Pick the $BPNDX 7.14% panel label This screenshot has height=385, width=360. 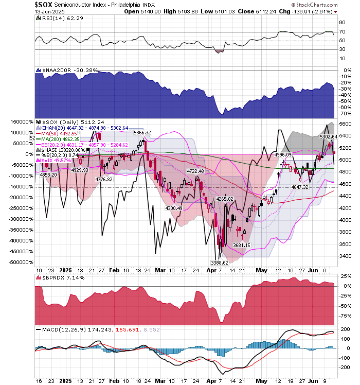tap(58, 277)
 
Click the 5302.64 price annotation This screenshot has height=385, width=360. tap(328, 136)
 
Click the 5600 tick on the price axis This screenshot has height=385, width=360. tap(345, 124)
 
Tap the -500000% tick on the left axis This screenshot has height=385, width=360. tap(18, 262)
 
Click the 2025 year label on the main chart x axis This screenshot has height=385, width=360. tap(65, 269)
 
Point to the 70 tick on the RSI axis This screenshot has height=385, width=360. tap(341, 32)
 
